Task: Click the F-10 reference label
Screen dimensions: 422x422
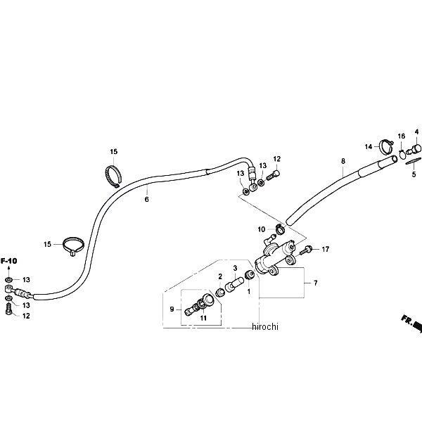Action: coord(8,262)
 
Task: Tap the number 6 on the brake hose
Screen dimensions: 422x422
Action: coord(146,199)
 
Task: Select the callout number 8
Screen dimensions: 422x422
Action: coord(343,161)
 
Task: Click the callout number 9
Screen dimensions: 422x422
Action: coord(172,309)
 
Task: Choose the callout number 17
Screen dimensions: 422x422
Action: coord(326,248)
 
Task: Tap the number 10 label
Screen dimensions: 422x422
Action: coord(260,229)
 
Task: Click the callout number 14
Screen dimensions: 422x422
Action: coord(367,146)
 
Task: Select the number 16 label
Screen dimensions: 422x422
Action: coord(402,136)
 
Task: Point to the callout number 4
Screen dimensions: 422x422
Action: coord(416,132)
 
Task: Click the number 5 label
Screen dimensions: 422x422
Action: coord(414,173)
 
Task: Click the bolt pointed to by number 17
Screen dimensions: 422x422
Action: coord(307,250)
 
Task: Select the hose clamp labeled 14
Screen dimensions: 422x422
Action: coord(385,148)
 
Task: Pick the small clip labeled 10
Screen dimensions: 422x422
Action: coord(279,227)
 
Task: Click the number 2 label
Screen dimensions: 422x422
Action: coord(220,276)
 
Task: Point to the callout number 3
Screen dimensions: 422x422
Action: coord(236,268)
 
